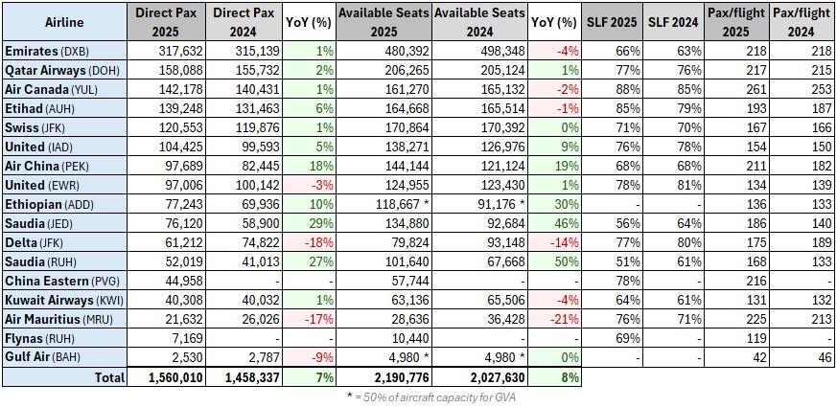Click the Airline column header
pyautogui.click(x=64, y=21)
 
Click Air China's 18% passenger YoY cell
pyautogui.click(x=310, y=164)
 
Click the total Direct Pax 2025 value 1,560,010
pyautogui.click(x=167, y=377)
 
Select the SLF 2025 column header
pyautogui.click(x=611, y=21)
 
